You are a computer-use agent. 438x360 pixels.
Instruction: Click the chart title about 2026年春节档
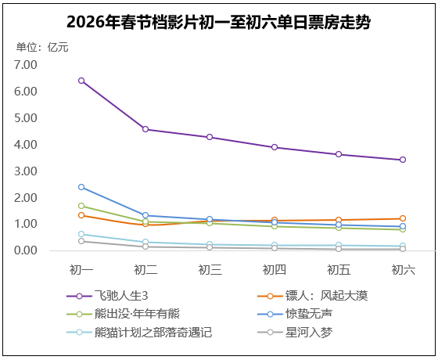[x=218, y=22]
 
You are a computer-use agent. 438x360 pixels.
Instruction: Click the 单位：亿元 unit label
[x=42, y=47]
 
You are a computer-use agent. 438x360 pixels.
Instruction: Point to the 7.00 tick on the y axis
[x=26, y=65]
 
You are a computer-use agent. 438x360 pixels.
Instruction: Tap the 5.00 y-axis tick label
[x=26, y=118]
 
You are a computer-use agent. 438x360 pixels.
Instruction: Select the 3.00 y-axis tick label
[x=26, y=171]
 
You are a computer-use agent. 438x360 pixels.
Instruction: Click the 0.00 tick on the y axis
[x=26, y=250]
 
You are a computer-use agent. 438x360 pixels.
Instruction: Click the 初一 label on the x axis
[x=81, y=270]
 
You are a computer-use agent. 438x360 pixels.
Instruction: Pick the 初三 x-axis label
[x=210, y=270]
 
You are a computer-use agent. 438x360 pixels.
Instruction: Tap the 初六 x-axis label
[x=403, y=270]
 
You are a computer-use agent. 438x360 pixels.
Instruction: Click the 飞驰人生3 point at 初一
[x=81, y=81]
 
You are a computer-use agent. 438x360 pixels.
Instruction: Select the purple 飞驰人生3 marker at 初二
[x=145, y=129]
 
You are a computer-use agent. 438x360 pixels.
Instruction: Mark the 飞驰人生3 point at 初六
[x=403, y=160]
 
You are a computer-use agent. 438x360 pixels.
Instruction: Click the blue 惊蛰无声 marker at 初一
[x=81, y=187]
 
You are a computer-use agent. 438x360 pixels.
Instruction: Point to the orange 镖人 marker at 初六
[x=403, y=218]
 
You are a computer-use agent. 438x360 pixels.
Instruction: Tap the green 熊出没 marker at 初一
[x=81, y=206]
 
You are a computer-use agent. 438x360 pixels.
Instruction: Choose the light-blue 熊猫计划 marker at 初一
[x=81, y=234]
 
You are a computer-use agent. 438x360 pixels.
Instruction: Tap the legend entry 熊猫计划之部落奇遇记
[x=153, y=332]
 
